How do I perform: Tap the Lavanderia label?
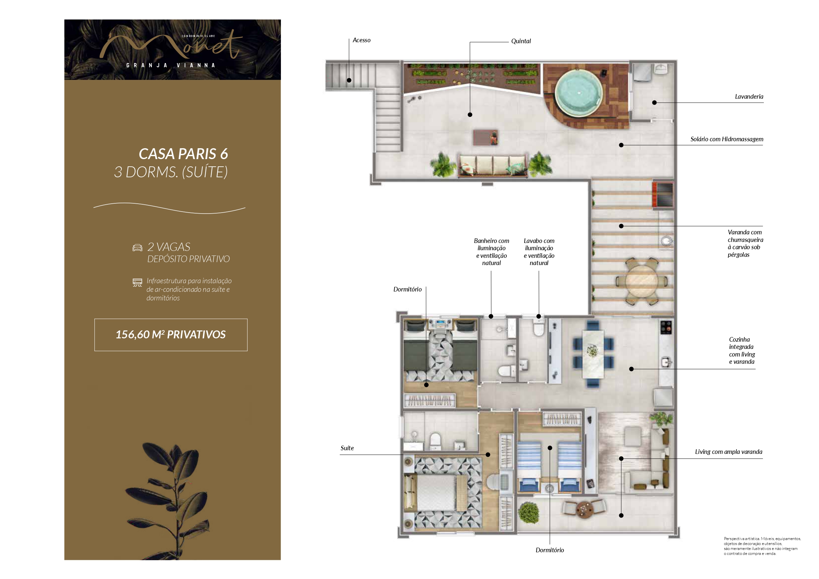coord(749,97)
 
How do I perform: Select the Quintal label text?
coord(521,41)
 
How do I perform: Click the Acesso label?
coord(361,40)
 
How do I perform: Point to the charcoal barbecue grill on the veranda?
coord(663,194)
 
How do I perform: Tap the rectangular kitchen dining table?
coord(593,354)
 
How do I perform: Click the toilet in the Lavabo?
coord(538,328)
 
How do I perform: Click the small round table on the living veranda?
coord(584,508)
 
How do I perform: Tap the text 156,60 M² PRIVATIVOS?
coord(171,335)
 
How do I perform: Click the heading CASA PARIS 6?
coord(183,154)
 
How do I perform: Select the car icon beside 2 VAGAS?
coord(137,248)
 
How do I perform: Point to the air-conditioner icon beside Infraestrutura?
coord(137,283)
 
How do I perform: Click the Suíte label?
coord(347,448)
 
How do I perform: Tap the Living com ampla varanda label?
coord(729,452)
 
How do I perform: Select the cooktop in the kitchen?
coord(665,328)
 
